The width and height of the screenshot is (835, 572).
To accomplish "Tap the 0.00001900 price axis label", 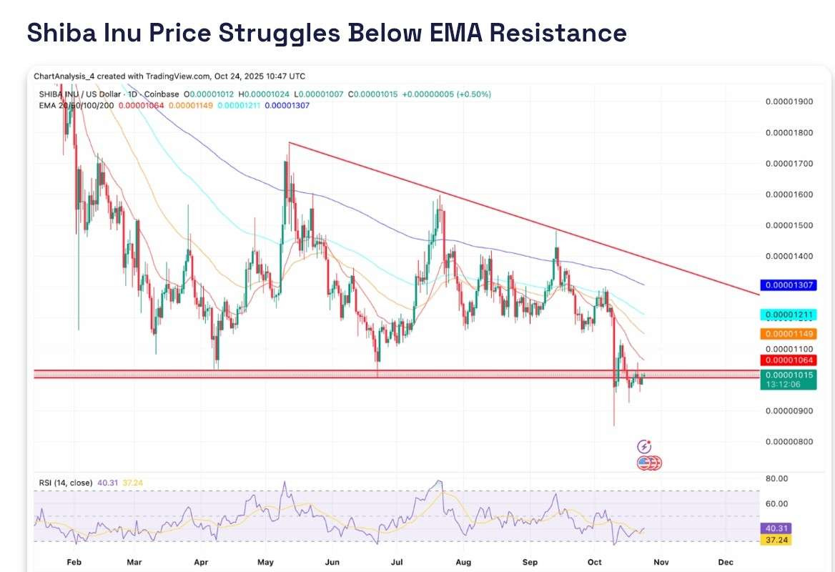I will click(x=789, y=102).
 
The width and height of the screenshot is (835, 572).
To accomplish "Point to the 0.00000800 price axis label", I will click(x=789, y=442).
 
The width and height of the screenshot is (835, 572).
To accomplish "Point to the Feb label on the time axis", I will click(x=74, y=563).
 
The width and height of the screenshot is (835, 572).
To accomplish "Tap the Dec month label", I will click(x=725, y=563).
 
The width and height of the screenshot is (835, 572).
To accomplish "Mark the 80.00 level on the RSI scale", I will click(x=776, y=478).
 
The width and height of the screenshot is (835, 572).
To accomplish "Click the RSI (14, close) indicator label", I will click(x=66, y=483).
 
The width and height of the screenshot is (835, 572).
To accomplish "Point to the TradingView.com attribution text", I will click(x=178, y=76).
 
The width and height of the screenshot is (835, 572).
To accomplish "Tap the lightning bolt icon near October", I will click(x=644, y=446).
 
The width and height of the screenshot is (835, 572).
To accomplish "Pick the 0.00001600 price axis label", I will click(x=789, y=194).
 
